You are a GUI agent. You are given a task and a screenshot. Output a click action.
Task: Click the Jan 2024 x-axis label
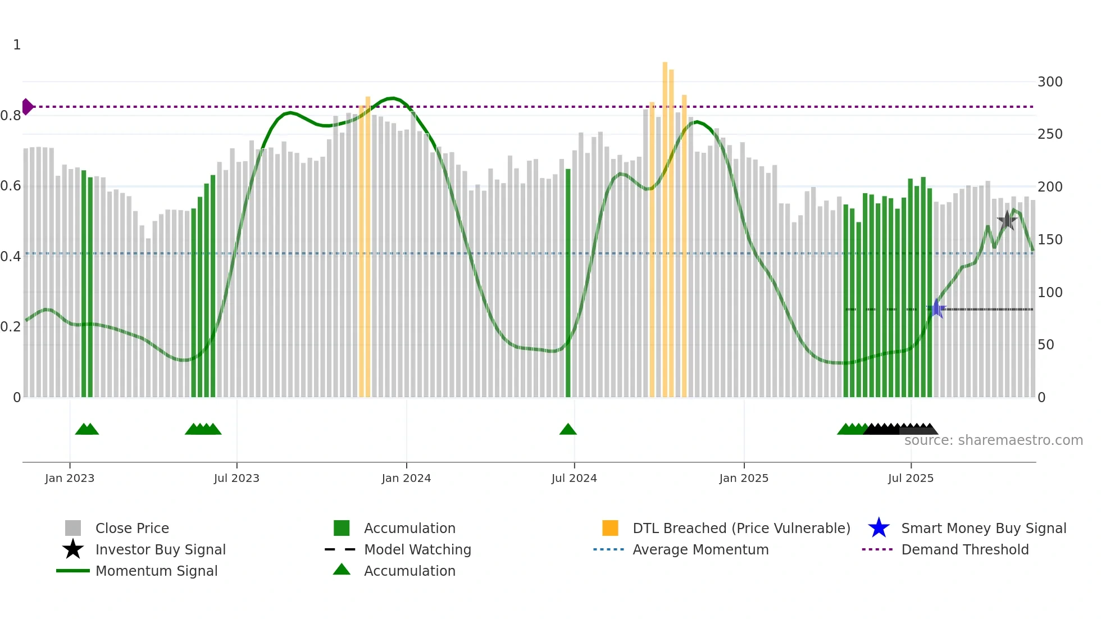click(x=406, y=479)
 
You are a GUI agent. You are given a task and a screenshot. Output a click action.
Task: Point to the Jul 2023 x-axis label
click(x=236, y=479)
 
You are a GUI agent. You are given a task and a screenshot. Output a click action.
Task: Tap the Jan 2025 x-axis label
click(x=744, y=479)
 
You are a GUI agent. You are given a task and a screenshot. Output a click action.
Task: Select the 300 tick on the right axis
click(x=1050, y=82)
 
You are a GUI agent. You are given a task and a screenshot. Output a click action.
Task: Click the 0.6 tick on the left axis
click(x=11, y=186)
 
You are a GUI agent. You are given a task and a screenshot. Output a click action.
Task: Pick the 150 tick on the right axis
click(x=1050, y=240)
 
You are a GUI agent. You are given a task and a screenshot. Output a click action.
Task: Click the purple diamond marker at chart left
click(x=27, y=107)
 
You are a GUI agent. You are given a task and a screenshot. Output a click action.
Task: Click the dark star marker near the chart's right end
click(x=1007, y=221)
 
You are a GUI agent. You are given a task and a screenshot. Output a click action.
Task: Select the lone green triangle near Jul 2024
click(x=568, y=430)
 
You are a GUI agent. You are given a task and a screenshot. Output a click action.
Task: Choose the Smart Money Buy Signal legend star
click(x=879, y=528)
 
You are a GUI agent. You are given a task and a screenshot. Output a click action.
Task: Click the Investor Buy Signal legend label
click(x=161, y=549)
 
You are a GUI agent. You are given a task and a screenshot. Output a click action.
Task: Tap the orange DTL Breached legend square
click(x=610, y=528)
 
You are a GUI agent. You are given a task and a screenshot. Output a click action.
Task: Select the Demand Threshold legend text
click(x=965, y=549)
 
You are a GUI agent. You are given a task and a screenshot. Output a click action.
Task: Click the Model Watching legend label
click(x=417, y=549)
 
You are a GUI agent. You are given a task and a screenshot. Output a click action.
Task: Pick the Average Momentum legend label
click(x=700, y=549)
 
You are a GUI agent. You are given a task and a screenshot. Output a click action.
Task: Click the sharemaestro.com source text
click(x=993, y=440)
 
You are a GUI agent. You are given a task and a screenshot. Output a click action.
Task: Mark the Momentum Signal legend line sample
click(x=73, y=571)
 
